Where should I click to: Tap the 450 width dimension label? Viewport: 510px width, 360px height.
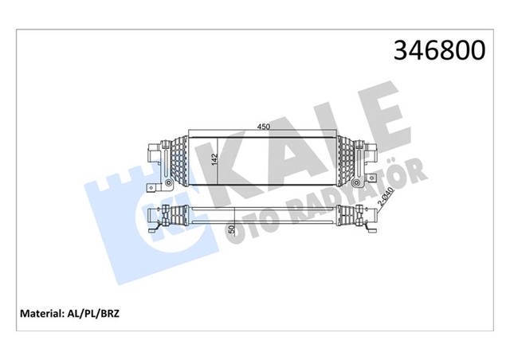click(263, 126)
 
